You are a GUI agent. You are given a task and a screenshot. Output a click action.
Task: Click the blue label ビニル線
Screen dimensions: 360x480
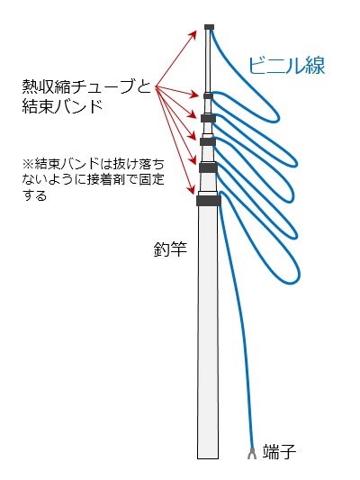(286, 65)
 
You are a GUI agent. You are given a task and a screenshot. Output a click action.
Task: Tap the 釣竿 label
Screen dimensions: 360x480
(170, 249)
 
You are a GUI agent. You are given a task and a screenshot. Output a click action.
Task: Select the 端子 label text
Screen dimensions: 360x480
(279, 451)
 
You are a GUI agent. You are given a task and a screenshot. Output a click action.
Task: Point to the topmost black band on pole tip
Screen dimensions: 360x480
(209, 27)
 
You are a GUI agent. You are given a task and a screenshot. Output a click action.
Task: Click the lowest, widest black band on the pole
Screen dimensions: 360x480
(209, 201)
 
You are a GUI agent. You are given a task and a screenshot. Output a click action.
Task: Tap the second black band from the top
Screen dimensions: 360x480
(208, 96)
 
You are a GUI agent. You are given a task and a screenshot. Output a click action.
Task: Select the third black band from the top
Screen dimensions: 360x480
(208, 118)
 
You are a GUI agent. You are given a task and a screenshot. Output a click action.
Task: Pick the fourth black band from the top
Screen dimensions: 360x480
(208, 141)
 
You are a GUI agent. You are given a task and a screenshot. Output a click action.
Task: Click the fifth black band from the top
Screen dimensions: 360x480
(208, 168)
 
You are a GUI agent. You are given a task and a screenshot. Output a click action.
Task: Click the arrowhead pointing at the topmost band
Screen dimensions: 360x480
(193, 33)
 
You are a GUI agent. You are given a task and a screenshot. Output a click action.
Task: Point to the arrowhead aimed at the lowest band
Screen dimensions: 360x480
(192, 190)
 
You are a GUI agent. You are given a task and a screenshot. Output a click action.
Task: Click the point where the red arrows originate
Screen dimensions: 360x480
(156, 88)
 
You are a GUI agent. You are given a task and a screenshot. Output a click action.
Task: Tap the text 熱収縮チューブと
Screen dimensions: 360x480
(87, 86)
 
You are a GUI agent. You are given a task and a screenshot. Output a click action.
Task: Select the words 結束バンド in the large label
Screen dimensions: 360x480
(62, 106)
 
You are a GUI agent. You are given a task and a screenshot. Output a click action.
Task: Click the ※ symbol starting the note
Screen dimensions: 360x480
(28, 164)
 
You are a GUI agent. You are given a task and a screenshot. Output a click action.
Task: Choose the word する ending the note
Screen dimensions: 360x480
(34, 195)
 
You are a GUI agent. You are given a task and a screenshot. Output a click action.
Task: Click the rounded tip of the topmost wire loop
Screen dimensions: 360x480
(278, 117)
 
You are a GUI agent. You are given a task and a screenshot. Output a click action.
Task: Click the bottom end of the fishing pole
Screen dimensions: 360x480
(208, 458)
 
